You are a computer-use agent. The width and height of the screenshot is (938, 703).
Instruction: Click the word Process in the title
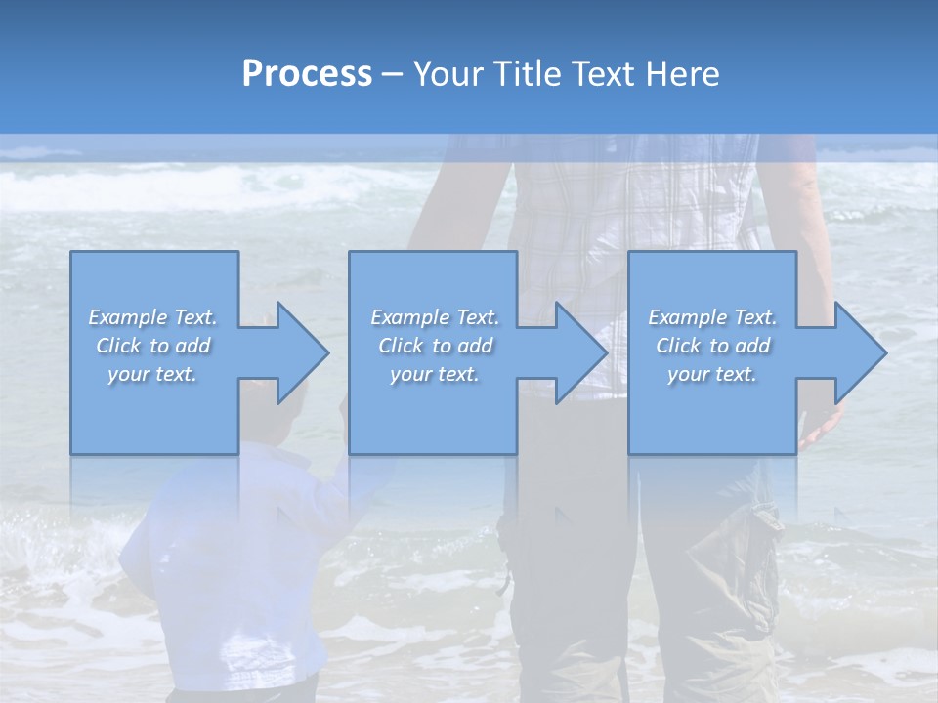click(307, 74)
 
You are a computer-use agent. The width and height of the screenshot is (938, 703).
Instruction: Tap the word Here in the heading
click(680, 74)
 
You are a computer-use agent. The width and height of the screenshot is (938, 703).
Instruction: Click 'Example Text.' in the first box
click(152, 317)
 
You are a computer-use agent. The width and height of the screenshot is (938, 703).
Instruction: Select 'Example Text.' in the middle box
click(434, 317)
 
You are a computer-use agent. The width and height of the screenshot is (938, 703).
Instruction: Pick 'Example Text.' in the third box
click(712, 317)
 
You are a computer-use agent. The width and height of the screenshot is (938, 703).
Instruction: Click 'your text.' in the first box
click(152, 374)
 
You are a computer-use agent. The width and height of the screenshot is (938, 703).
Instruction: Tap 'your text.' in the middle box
click(434, 374)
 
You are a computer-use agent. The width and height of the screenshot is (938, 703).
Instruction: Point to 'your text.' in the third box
click(712, 374)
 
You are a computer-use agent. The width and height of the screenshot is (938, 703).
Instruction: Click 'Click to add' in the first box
click(152, 346)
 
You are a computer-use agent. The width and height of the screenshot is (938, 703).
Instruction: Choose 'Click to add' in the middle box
click(434, 346)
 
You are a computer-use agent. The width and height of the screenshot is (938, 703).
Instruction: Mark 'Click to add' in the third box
click(712, 346)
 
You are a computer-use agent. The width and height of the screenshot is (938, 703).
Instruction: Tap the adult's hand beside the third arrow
click(821, 425)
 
